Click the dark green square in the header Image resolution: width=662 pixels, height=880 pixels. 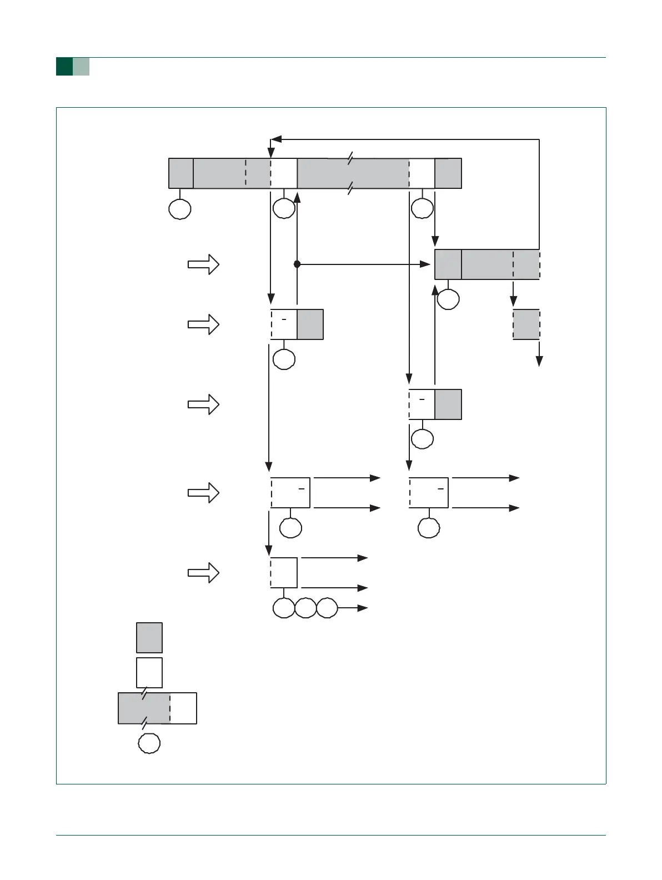pos(64,67)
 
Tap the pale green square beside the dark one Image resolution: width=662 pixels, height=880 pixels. pos(81,67)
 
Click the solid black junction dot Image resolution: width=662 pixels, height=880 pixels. pos(297,264)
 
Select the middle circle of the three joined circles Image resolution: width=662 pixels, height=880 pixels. pos(305,608)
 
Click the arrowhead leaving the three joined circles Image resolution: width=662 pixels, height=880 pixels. pos(363,608)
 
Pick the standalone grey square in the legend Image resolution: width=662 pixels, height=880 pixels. pos(149,637)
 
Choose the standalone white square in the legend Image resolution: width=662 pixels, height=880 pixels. pos(149,672)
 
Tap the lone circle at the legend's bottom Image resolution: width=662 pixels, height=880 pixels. pos(149,743)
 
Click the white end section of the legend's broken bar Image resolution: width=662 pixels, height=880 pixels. pos(183,708)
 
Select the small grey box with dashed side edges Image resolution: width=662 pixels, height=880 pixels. pos(526,324)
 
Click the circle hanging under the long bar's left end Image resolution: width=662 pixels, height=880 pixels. pos(180,209)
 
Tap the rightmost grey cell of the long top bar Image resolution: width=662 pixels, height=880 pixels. pos(448,173)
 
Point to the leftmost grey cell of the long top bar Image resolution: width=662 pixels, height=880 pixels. pos(181,173)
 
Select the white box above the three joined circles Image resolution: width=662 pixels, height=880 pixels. pos(284,573)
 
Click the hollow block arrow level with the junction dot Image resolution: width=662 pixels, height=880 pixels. pos(203,264)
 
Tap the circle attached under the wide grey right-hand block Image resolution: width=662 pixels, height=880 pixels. pos(448,299)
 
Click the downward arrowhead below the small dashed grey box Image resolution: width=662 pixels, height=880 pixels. pos(539,362)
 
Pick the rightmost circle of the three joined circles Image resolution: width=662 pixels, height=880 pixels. pos(327,608)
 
